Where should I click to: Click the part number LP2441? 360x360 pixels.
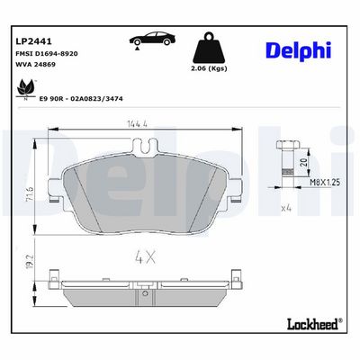pos(33,41)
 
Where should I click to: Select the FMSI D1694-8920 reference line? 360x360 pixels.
pos(47,54)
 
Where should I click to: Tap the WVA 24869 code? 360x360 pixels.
pos(35,64)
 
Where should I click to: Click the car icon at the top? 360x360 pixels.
pos(152,40)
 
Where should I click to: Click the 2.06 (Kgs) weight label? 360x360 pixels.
pos(209,68)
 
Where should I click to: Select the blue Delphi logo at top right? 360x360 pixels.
pos(299,50)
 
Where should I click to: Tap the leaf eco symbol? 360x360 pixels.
pos(26,89)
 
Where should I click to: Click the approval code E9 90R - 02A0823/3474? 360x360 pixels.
pos(81,99)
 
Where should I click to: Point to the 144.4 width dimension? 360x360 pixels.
pos(137,123)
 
